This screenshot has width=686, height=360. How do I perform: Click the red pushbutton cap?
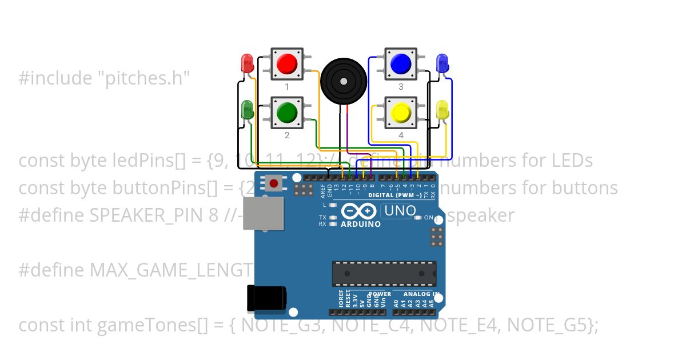(287, 63)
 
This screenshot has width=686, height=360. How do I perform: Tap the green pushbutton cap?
(287, 112)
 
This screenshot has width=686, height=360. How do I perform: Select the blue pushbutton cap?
(401, 63)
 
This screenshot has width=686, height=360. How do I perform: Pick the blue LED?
(442, 62)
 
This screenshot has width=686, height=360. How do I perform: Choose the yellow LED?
(442, 110)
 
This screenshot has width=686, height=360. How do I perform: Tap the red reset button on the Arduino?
(274, 183)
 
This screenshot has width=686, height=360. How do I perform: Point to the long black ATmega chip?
(384, 273)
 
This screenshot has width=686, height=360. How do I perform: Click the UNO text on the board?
(400, 211)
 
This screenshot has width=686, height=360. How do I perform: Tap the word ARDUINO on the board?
(361, 224)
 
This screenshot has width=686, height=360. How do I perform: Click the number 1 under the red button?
(287, 87)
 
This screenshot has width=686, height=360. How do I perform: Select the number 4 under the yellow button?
(401, 135)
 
